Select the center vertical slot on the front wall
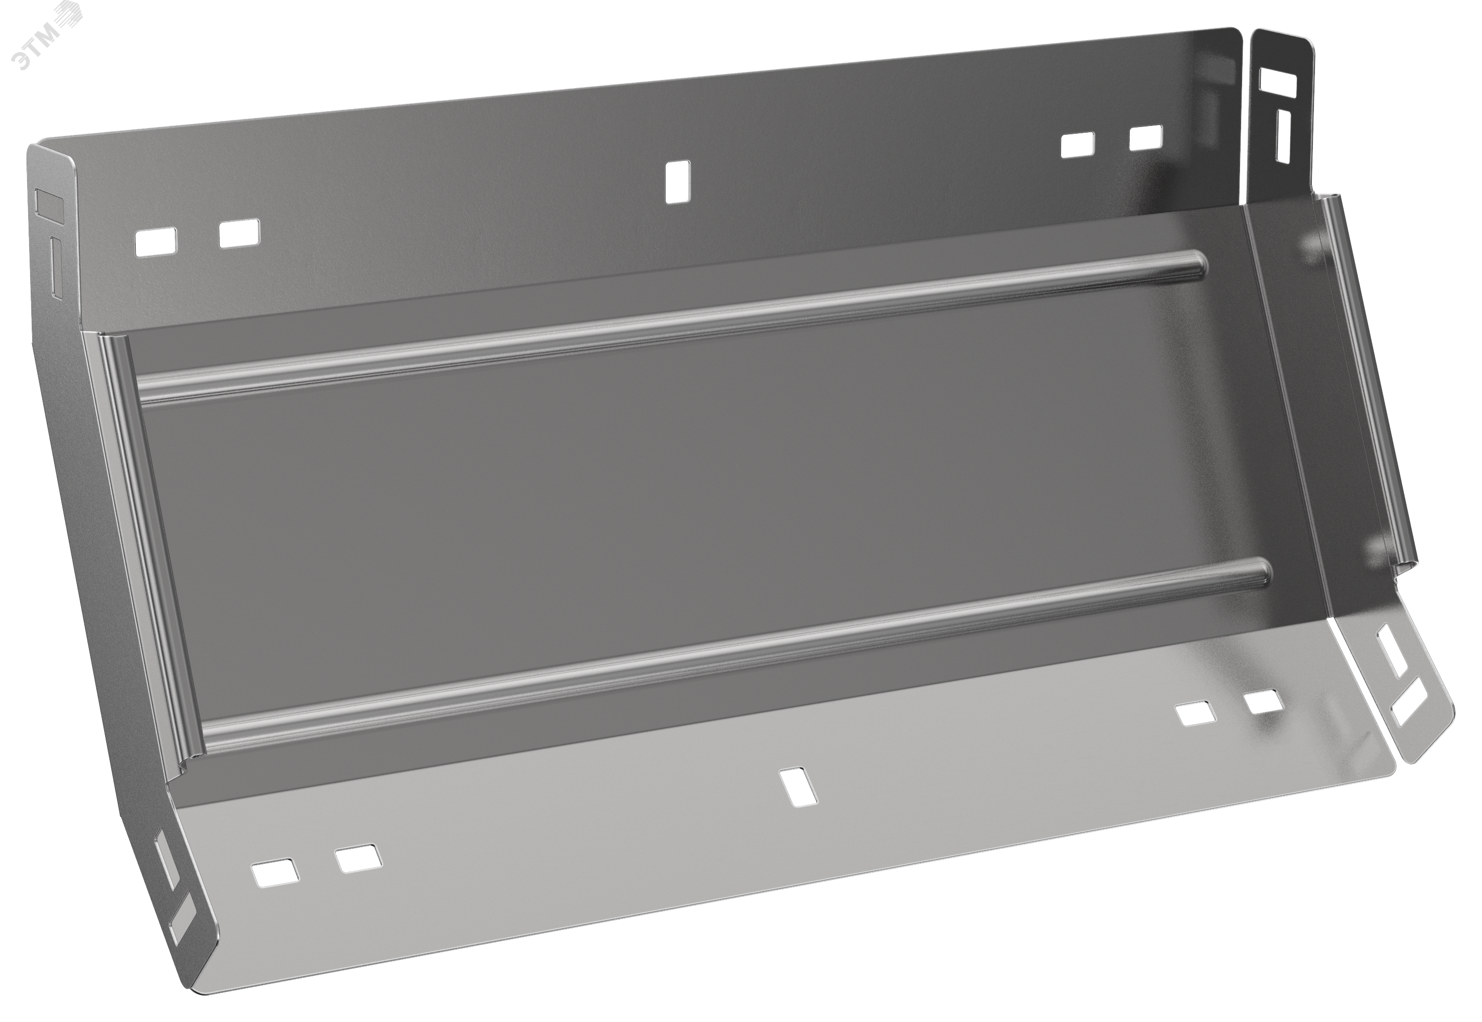point(798,787)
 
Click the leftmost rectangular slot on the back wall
point(156,242)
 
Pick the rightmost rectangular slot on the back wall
point(1145,138)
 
